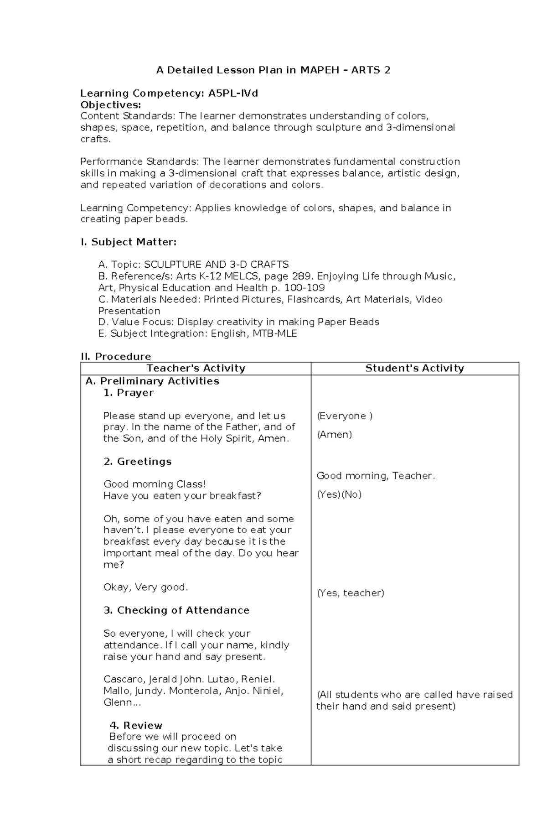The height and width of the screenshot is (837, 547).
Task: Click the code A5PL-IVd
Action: [233, 94]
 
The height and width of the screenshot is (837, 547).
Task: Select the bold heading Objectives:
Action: [111, 105]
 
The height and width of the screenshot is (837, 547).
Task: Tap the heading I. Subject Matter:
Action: [128, 242]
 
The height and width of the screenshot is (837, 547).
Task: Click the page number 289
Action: [302, 276]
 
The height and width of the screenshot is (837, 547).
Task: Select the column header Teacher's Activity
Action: [196, 369]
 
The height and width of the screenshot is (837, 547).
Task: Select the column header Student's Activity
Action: [414, 369]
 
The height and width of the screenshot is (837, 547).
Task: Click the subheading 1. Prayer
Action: [129, 393]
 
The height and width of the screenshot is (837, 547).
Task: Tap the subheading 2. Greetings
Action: [137, 462]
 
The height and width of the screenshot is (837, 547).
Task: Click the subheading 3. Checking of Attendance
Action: [176, 610]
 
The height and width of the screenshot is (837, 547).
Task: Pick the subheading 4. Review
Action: [136, 725]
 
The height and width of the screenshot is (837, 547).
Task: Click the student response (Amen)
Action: [334, 435]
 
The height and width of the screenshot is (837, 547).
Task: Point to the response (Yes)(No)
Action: [339, 494]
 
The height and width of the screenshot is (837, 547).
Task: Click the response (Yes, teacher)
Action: [350, 593]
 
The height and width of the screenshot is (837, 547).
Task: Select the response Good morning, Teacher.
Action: [376, 476]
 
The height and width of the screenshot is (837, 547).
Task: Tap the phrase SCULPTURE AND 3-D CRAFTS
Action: [216, 265]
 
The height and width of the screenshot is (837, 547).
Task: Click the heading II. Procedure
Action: [116, 357]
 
